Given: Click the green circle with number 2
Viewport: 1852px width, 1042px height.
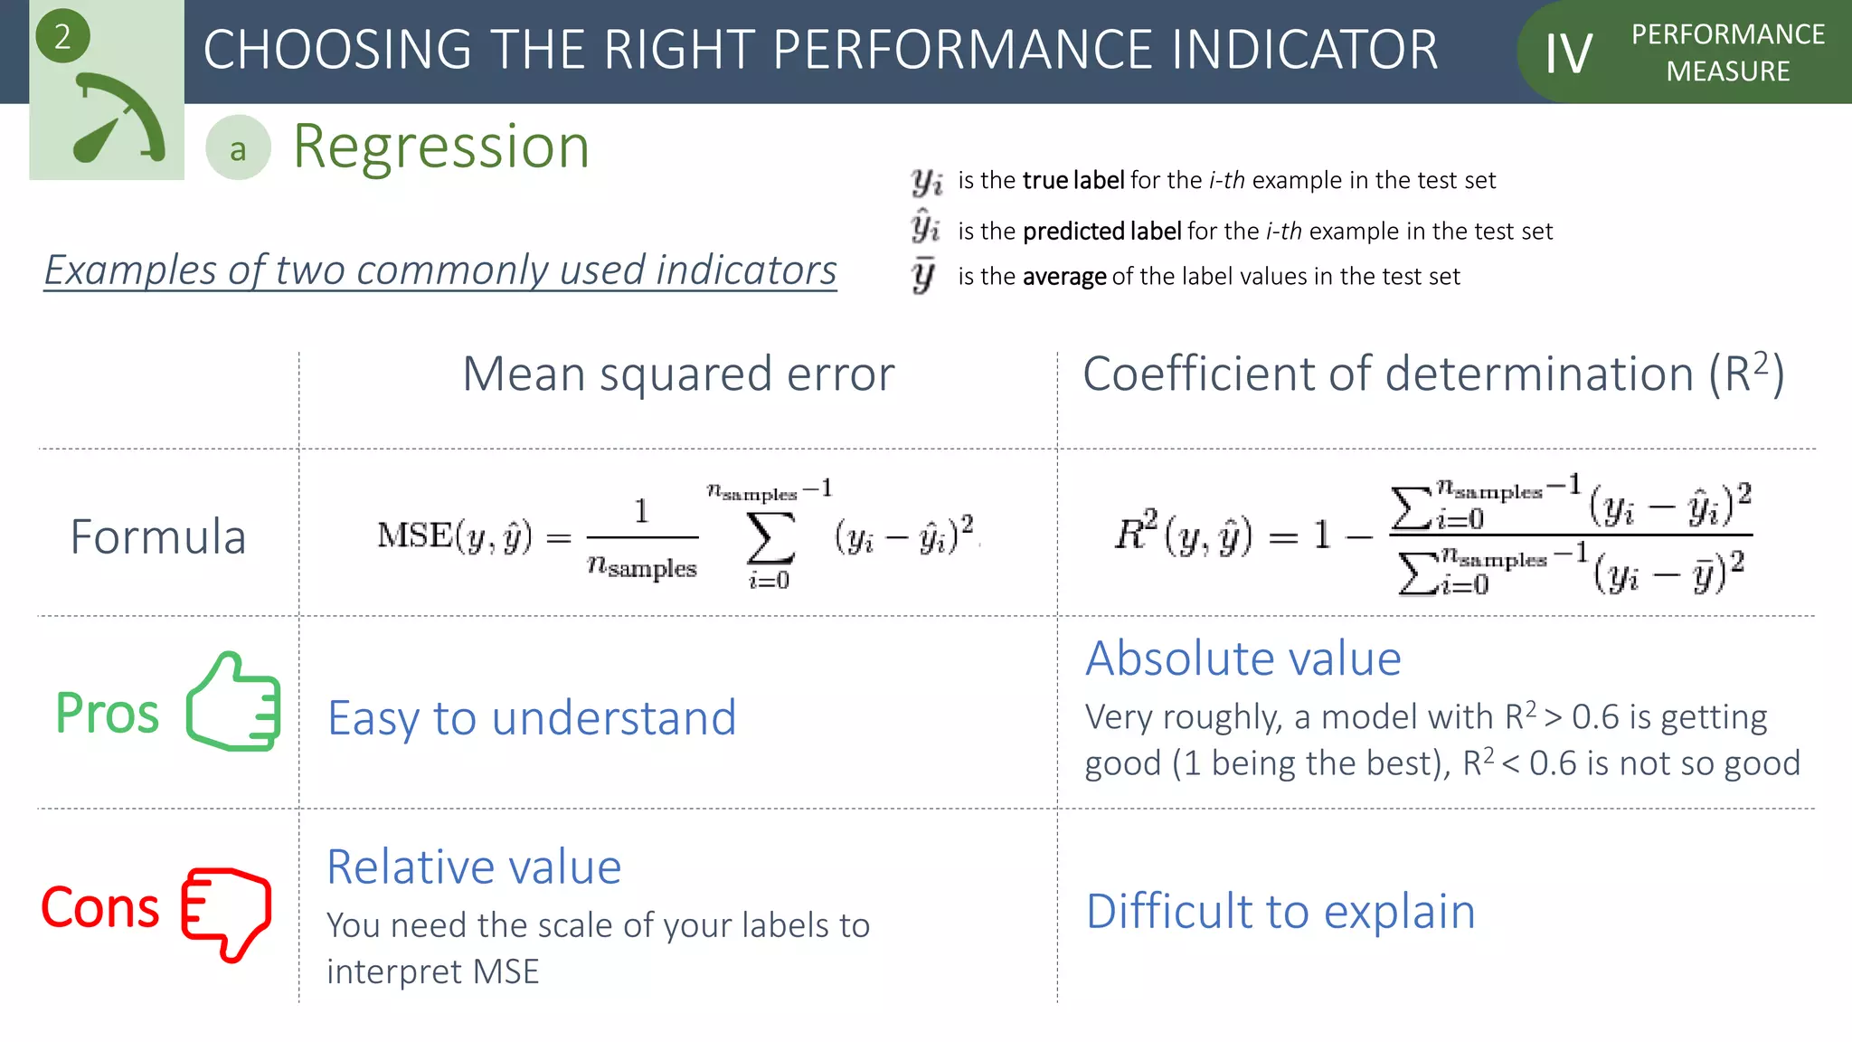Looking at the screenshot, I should coord(61,37).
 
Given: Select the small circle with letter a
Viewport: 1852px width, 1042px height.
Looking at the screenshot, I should coord(238,148).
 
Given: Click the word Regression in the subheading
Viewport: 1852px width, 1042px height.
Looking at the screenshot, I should coord(441,147).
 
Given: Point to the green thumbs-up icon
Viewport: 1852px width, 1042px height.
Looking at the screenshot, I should coord(234,703).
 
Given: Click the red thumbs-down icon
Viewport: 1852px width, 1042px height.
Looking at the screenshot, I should coord(226,912).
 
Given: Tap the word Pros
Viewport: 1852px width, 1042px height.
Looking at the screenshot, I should coord(107,714).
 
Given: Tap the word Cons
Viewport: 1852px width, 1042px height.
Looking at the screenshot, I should coord(100,907).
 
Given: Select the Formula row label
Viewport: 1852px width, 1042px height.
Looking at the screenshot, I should coord(158,537).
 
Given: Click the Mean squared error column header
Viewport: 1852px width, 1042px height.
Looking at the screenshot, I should coord(678,374).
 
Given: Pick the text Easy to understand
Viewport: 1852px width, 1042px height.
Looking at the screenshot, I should coord(532,718).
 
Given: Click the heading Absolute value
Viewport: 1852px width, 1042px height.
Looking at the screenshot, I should coord(1243,658).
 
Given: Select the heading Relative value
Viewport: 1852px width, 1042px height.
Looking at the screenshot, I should coord(474,867).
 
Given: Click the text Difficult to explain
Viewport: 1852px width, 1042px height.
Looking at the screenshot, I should coord(1280,912).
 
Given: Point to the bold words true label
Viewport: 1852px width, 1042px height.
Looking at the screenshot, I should coord(1073,181).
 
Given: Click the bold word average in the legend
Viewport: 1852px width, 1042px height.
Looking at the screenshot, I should coord(1064,277).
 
